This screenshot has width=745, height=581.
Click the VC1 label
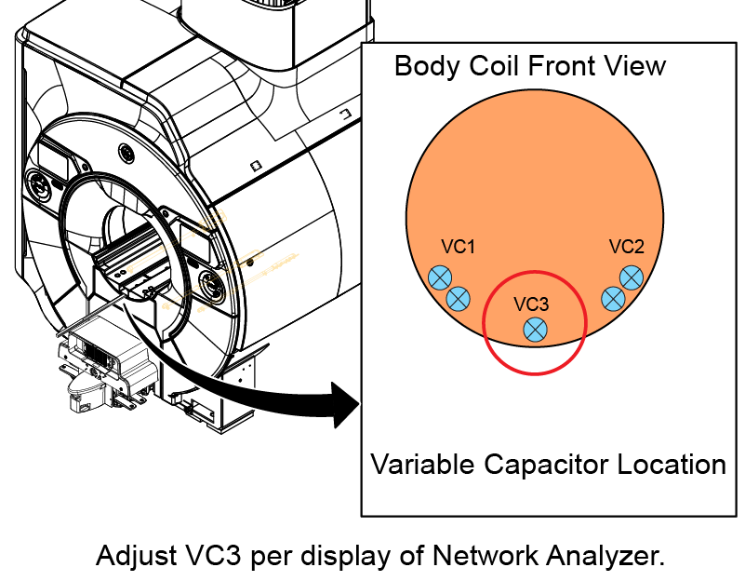(459, 247)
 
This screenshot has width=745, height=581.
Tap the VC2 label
(627, 247)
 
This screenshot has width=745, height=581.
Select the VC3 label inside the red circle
(532, 304)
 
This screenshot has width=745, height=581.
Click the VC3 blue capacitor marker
(535, 329)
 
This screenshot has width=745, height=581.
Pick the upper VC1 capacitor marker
(440, 277)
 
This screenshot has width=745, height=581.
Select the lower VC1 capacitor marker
(458, 299)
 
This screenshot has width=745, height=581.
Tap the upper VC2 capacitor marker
(631, 277)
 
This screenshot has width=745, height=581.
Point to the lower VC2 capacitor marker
(613, 298)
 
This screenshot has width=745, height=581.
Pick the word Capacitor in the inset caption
(536, 465)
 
